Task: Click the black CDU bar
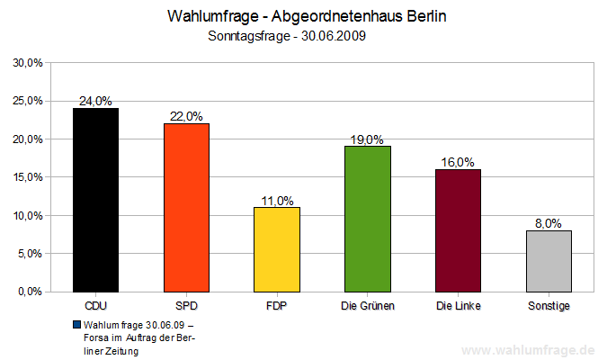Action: (95, 200)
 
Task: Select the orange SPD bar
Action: (186, 207)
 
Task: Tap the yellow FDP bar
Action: (277, 249)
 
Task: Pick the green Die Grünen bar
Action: (368, 219)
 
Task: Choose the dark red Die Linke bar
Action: (458, 230)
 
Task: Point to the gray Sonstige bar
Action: (549, 261)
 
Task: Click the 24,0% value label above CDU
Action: (96, 102)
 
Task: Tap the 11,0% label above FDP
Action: (277, 201)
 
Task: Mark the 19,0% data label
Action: (368, 139)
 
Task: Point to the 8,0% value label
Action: (549, 223)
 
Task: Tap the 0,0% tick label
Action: (31, 292)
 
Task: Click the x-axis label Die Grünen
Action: (368, 306)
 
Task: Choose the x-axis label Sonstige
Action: (549, 306)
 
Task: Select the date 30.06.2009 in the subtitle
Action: (332, 37)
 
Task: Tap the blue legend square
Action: (78, 325)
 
